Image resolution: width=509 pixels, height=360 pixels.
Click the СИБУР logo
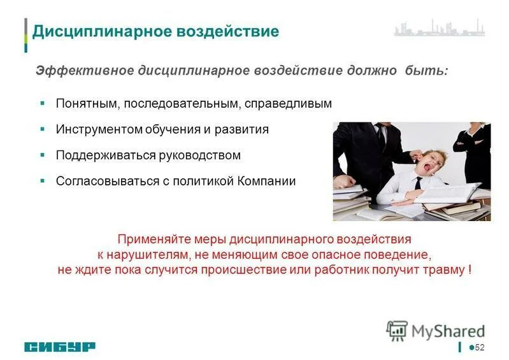61,347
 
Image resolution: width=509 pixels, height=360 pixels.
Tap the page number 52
480,347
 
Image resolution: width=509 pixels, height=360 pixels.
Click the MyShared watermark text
448,331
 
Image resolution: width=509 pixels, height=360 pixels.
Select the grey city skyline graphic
439,29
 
